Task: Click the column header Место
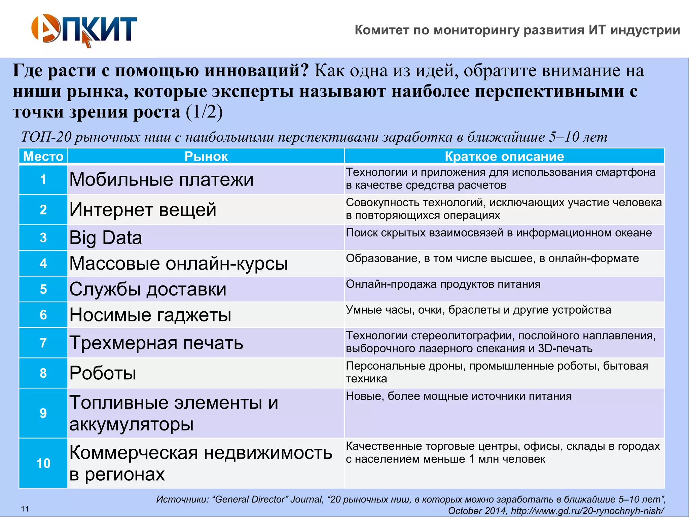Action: (43, 157)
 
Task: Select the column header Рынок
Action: (206, 157)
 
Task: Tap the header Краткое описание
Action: (504, 157)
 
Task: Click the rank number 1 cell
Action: (43, 179)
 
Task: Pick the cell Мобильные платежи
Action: (161, 179)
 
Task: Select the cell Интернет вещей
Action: (143, 210)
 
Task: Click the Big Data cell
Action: (106, 238)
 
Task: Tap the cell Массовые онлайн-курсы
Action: (178, 263)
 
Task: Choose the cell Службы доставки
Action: (148, 289)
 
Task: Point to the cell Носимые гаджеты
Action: (150, 315)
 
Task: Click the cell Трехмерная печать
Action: (156, 343)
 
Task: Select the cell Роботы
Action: (103, 373)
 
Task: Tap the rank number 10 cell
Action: (43, 463)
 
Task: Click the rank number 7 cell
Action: (43, 343)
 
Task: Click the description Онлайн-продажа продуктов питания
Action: (443, 284)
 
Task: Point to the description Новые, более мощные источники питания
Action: (459, 396)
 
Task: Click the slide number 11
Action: (25, 509)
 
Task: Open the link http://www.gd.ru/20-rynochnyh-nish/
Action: (587, 511)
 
